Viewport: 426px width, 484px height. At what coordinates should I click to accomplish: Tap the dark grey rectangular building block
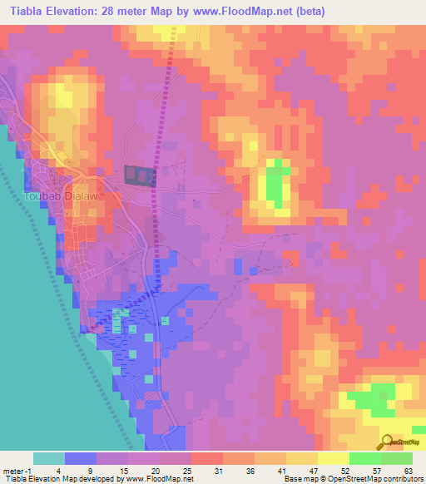[141, 175]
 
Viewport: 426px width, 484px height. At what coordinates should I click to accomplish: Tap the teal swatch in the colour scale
[49, 458]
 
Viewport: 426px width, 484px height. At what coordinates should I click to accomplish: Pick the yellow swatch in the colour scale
[333, 458]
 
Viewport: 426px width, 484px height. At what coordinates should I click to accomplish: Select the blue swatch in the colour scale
[81, 458]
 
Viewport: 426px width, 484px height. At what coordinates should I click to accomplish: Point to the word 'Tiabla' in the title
[25, 12]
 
